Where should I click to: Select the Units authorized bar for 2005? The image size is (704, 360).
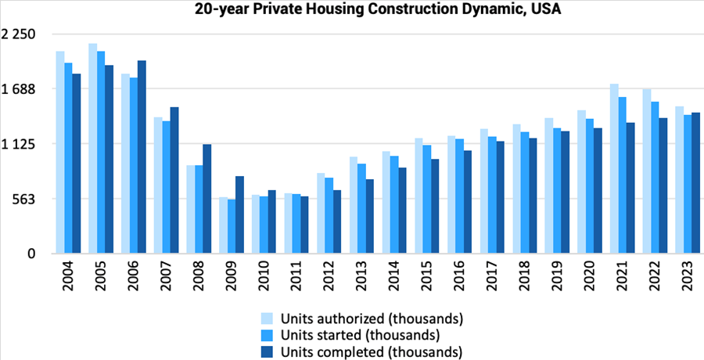pyautogui.click(x=92, y=149)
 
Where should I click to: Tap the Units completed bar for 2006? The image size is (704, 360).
pyautogui.click(x=142, y=157)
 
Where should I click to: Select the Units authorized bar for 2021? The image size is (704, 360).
pyautogui.click(x=615, y=168)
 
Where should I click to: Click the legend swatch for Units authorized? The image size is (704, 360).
pyautogui.click(x=267, y=319)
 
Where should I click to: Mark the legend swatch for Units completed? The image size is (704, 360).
pyautogui.click(x=267, y=351)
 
